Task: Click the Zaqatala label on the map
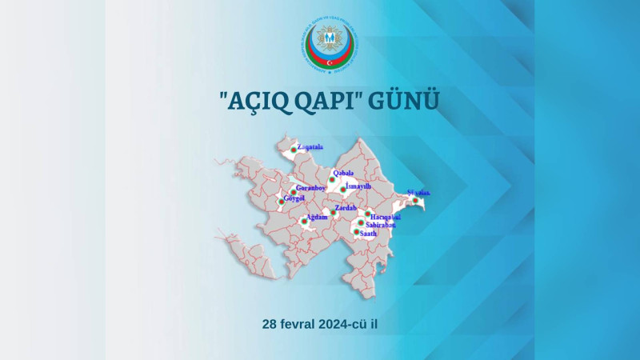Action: pyautogui.click(x=310, y=147)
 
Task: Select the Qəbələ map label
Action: pyautogui.click(x=343, y=173)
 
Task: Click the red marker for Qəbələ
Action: pyautogui.click(x=332, y=179)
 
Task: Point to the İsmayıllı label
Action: pyautogui.click(x=358, y=186)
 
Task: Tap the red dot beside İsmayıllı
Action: pyautogui.click(x=344, y=190)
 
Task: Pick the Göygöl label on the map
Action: pyautogui.click(x=294, y=198)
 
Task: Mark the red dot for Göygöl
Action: pyautogui.click(x=282, y=201)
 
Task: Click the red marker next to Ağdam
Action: pyautogui.click(x=304, y=221)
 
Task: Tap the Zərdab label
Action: pyautogui.click(x=345, y=208)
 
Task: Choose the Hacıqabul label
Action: pyautogui.click(x=386, y=217)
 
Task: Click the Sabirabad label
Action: pyautogui.click(x=380, y=225)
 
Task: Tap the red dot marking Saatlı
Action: pyautogui.click(x=357, y=231)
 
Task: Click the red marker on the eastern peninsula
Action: pyautogui.click(x=415, y=200)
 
